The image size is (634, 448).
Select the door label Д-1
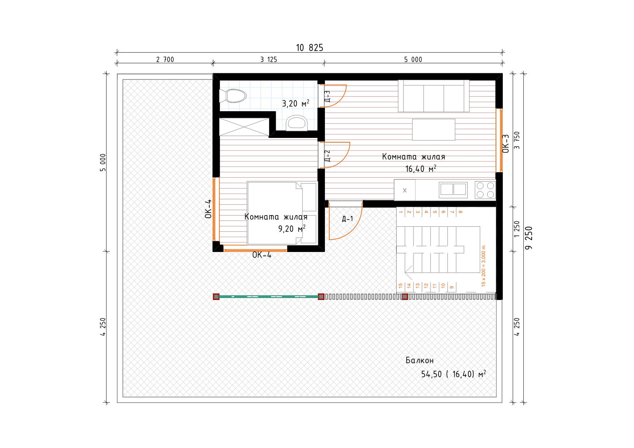(x=347, y=219)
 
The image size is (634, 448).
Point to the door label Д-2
(x=327, y=156)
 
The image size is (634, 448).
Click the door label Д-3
(x=327, y=96)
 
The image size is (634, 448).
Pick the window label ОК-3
(x=506, y=144)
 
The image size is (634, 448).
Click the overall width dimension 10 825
(x=309, y=48)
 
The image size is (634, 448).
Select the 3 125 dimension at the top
(x=269, y=60)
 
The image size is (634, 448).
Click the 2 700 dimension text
(x=165, y=60)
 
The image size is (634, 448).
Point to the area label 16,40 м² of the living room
(x=421, y=169)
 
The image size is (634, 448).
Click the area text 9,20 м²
(x=292, y=229)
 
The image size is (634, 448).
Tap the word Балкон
(x=419, y=360)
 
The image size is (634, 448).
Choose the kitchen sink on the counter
(x=453, y=190)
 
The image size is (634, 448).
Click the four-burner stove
(x=485, y=190)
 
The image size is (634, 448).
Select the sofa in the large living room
(x=434, y=96)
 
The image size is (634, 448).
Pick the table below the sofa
(x=434, y=129)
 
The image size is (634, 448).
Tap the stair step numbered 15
(x=400, y=286)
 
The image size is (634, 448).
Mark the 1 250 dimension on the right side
(x=517, y=229)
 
